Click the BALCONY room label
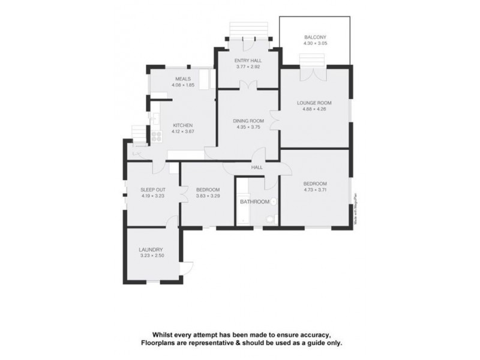click(x=314, y=37)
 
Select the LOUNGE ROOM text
click(x=314, y=103)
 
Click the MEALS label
click(x=182, y=79)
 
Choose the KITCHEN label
click(x=182, y=125)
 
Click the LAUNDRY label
click(x=151, y=250)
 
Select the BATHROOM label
click(x=254, y=202)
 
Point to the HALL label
click(x=257, y=167)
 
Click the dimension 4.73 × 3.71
click(x=314, y=190)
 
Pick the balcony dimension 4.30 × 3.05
click(x=314, y=43)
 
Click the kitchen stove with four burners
click(x=157, y=136)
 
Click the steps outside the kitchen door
click(x=139, y=133)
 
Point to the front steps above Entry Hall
click(x=247, y=29)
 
